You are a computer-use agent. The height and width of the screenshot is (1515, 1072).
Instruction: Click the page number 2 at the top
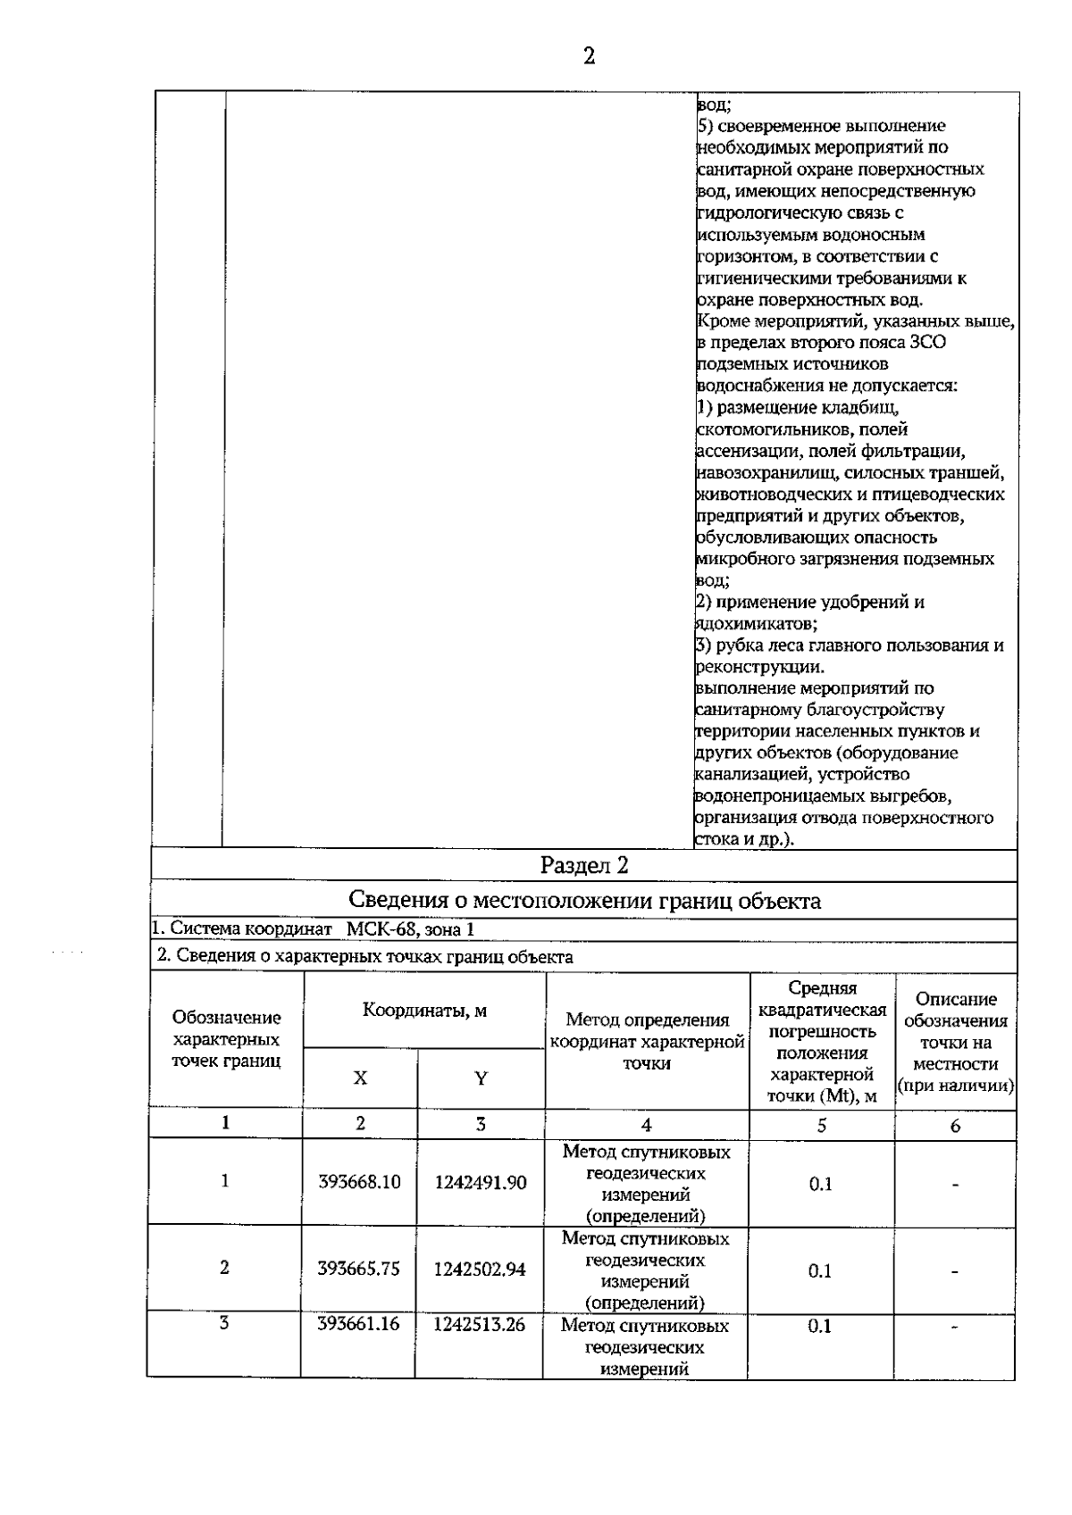click(x=589, y=57)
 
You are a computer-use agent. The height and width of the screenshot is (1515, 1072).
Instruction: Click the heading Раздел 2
click(x=584, y=865)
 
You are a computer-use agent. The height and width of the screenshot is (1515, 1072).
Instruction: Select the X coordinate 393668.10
click(x=359, y=1182)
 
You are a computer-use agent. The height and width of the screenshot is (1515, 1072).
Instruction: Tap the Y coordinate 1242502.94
click(x=480, y=1269)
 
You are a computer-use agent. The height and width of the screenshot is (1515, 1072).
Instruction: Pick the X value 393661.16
click(x=359, y=1324)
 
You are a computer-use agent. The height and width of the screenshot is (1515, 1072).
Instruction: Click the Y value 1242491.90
click(x=481, y=1183)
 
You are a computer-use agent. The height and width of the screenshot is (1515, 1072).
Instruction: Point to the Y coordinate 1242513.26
click(x=480, y=1324)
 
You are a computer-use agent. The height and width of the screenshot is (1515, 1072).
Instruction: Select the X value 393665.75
click(x=359, y=1269)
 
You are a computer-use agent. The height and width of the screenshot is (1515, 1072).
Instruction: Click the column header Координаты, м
click(x=424, y=1011)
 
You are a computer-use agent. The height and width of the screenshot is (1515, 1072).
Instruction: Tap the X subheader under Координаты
click(x=360, y=1078)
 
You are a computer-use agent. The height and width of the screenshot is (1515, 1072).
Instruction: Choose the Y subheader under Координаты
click(x=481, y=1078)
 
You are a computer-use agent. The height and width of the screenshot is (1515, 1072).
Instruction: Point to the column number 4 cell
click(x=646, y=1125)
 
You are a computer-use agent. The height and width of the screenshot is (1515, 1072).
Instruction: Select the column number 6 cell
click(x=954, y=1126)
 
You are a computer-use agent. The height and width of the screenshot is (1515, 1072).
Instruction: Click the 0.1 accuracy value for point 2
click(x=820, y=1270)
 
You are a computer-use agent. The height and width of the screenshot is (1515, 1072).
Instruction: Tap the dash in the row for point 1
click(x=955, y=1185)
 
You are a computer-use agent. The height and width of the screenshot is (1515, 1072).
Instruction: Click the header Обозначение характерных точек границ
click(x=226, y=1039)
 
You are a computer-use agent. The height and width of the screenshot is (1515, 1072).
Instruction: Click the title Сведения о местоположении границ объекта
click(x=584, y=900)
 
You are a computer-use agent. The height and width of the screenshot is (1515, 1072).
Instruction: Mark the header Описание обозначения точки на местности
click(x=955, y=1043)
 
